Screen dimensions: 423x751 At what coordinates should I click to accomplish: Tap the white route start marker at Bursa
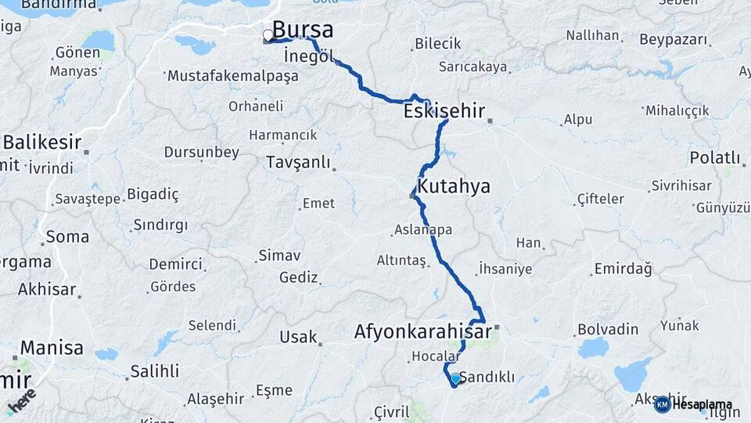[x=268, y=35]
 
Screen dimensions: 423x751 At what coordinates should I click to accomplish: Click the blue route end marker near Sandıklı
[x=455, y=379]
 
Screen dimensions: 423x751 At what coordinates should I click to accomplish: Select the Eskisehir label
[x=444, y=111]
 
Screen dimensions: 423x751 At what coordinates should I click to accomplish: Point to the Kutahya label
[x=454, y=186]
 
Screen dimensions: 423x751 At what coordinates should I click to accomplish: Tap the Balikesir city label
[x=42, y=143]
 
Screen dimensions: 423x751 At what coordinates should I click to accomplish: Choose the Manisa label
[x=52, y=347]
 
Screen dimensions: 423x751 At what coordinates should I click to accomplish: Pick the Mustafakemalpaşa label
[x=233, y=77]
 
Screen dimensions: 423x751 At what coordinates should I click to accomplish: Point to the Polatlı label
[x=714, y=158]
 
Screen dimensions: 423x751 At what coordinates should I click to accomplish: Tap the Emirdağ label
[x=623, y=269]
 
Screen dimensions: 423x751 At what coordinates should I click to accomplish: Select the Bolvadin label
[x=608, y=329]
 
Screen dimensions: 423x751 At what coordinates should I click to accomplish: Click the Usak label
[x=298, y=337]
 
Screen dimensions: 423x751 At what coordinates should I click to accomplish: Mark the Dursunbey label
[x=201, y=152]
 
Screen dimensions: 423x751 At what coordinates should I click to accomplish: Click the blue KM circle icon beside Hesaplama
[x=662, y=404]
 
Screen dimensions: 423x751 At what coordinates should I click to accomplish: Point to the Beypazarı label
[x=673, y=39]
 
